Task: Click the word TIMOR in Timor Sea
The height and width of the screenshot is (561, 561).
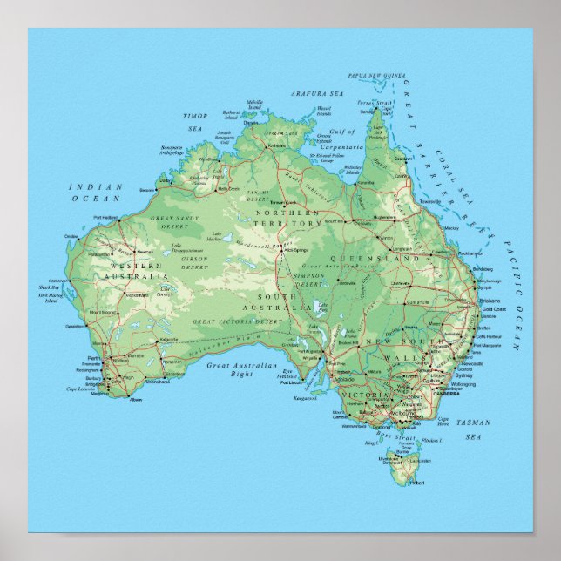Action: tap(194, 115)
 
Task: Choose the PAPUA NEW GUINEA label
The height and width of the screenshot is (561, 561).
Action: tap(376, 76)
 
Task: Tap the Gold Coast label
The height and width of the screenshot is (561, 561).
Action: tap(494, 309)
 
